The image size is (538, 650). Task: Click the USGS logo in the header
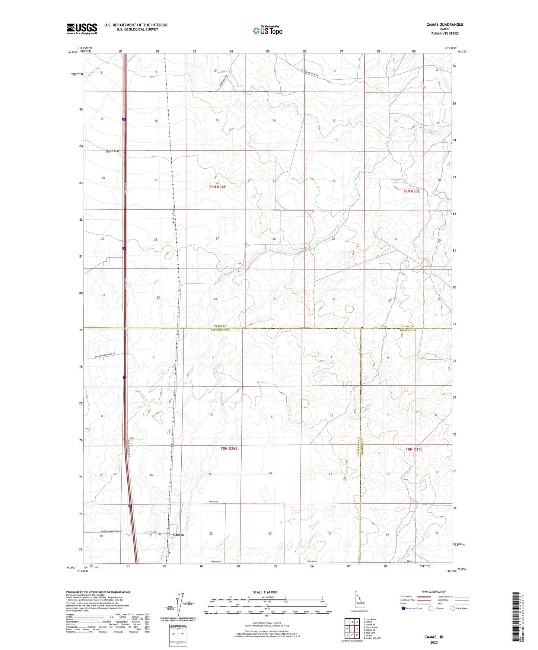coord(82,29)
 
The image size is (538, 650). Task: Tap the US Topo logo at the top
coord(267,31)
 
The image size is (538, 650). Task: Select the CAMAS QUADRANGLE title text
coord(445,25)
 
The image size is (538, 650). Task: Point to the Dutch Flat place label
coord(112,152)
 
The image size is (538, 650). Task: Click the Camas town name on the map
coord(178,535)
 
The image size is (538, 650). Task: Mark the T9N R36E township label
coord(217,187)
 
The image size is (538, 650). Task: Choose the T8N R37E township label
coord(414,449)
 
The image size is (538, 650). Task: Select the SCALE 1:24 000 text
coord(265,592)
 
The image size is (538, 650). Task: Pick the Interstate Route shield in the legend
coord(404,608)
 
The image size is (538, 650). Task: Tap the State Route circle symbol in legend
coord(453,608)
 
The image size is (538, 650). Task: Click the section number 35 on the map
coord(274,299)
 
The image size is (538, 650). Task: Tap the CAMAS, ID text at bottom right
coord(434,637)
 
